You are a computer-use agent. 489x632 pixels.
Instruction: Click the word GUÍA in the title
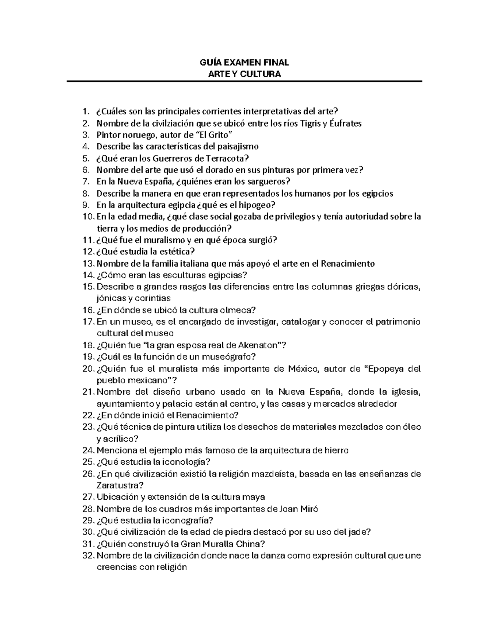point(209,62)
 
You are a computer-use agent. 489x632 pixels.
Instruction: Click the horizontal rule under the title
point(244,81)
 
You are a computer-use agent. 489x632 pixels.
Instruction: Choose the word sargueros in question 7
point(269,182)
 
